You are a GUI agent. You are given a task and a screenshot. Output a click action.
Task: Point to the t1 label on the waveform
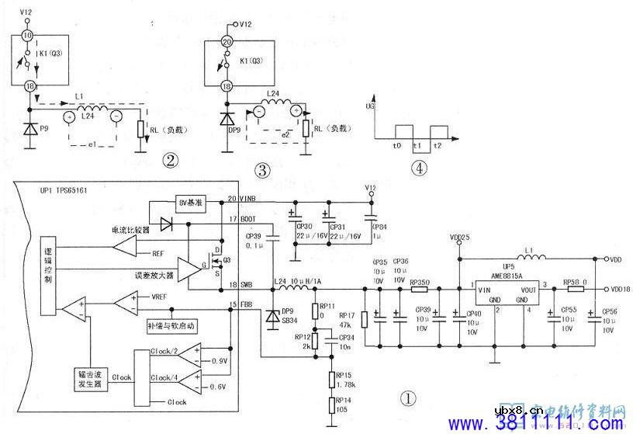417,144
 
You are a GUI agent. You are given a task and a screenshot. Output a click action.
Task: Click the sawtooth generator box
101,371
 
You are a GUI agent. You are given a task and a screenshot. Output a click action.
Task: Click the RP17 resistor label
346,314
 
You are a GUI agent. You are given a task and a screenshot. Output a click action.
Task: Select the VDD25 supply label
459,238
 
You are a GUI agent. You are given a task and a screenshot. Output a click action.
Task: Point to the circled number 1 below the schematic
409,398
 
